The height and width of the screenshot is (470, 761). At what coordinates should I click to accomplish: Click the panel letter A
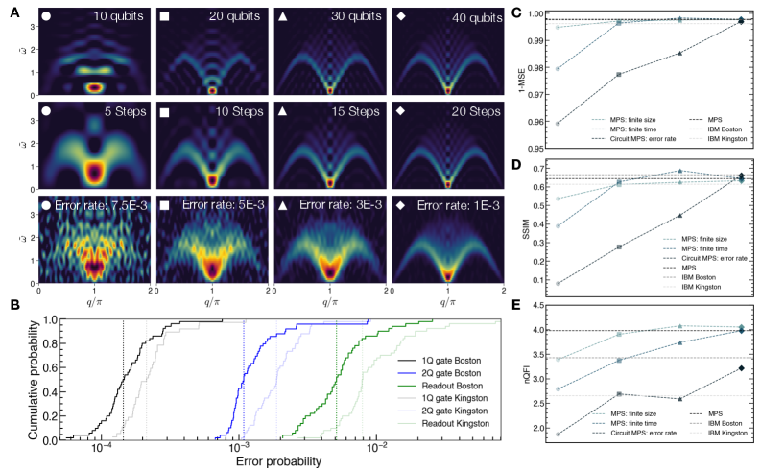pos(7,8)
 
